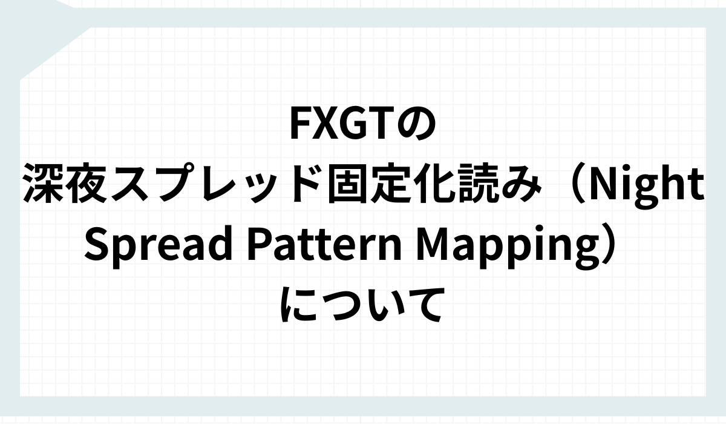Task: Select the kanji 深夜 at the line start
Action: (x=65, y=184)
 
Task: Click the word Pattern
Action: (x=325, y=244)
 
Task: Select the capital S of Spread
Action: (x=97, y=244)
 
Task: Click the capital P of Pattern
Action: (x=261, y=244)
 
